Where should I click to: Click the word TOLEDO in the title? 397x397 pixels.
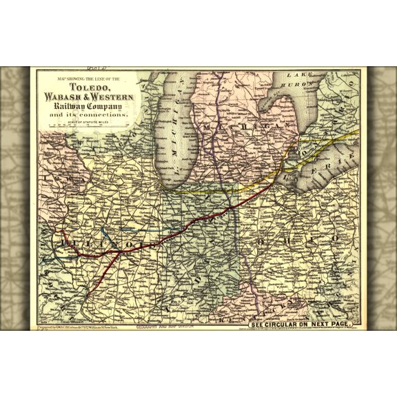pos(88,90)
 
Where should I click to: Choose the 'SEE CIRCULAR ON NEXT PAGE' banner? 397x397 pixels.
pos(302,321)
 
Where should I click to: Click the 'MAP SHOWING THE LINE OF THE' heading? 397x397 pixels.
pos(88,81)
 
